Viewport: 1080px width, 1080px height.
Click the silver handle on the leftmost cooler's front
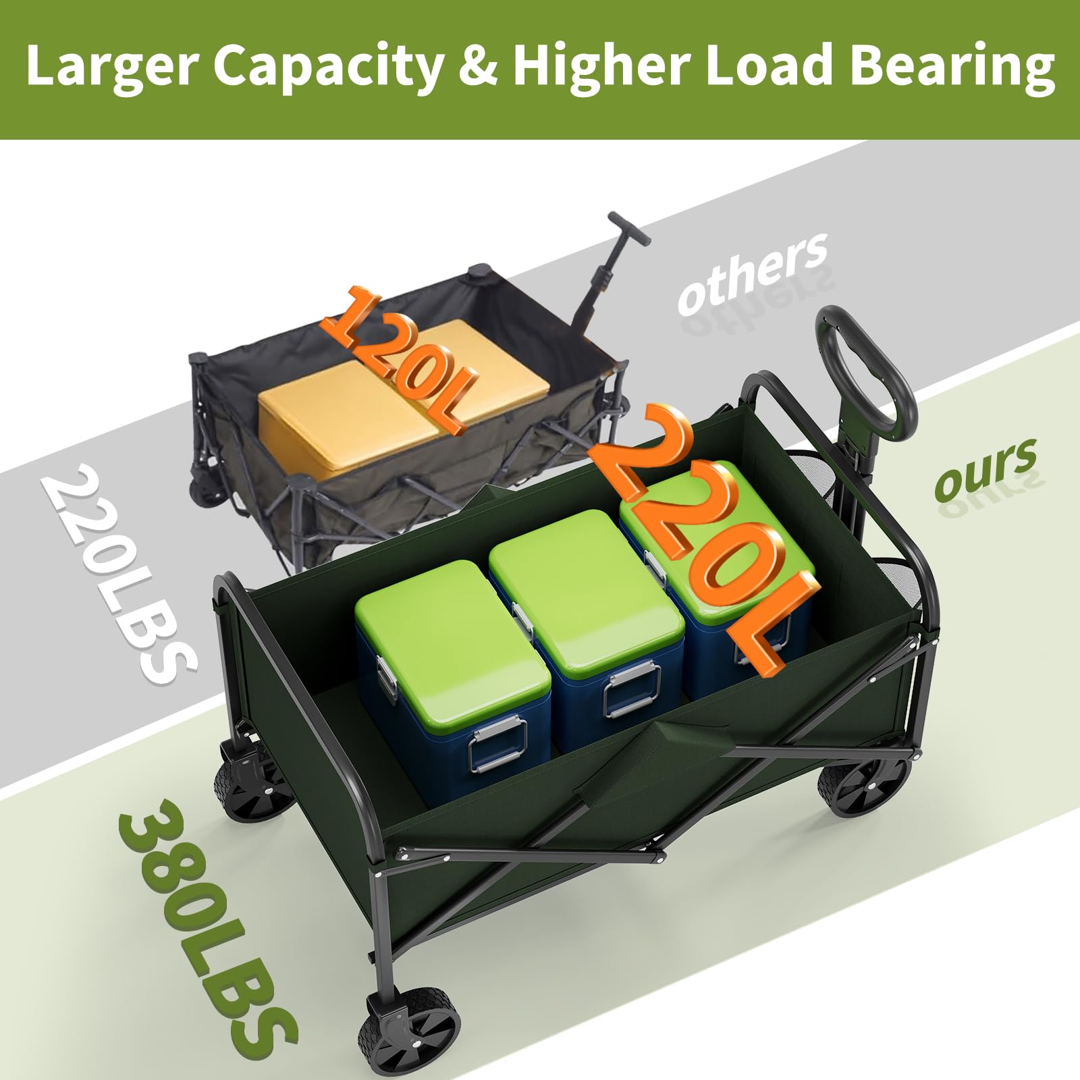(x=498, y=742)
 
